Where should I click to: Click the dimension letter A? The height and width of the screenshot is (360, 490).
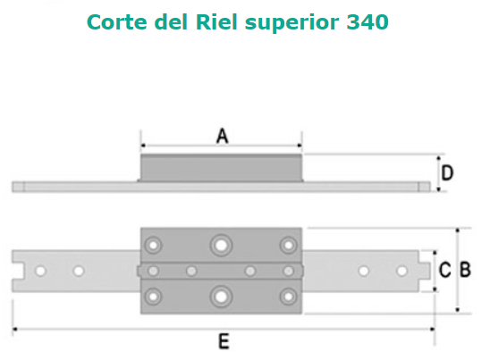222,136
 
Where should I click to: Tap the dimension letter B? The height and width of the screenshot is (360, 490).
465,270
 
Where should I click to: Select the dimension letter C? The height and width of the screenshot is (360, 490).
444,270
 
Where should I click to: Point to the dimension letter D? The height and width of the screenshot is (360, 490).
447,172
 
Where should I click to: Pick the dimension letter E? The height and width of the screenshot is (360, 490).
224,341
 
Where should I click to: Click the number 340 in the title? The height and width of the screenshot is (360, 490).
367,22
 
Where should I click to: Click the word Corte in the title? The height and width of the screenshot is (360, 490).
117,22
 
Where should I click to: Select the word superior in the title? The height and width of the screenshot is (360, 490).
291,23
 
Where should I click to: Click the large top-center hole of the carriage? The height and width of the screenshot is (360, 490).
221,246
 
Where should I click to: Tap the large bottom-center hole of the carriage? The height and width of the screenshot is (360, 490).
221,297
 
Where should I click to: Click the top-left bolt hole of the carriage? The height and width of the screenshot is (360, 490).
153,246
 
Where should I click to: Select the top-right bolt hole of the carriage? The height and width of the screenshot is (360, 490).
288,246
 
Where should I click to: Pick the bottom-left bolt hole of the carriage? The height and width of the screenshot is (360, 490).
153,297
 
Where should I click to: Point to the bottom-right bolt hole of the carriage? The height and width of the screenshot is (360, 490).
288,297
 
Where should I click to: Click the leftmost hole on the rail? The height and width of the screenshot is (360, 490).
40,271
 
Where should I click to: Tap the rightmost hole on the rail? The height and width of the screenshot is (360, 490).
401,271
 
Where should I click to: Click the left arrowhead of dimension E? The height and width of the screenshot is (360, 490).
14,329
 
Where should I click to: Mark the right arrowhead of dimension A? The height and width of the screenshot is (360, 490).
300,146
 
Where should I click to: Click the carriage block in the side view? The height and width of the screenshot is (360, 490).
221,168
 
